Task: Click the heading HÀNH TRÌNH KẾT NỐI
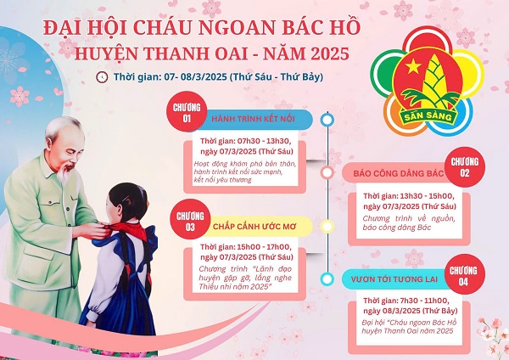tap(251, 119)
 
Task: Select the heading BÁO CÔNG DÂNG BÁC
tap(393, 173)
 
